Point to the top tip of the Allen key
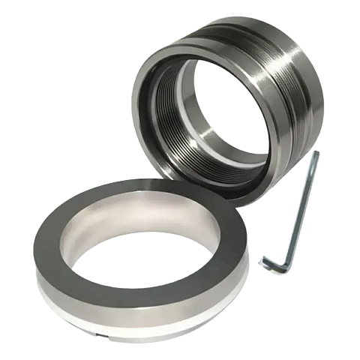point(316,154)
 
